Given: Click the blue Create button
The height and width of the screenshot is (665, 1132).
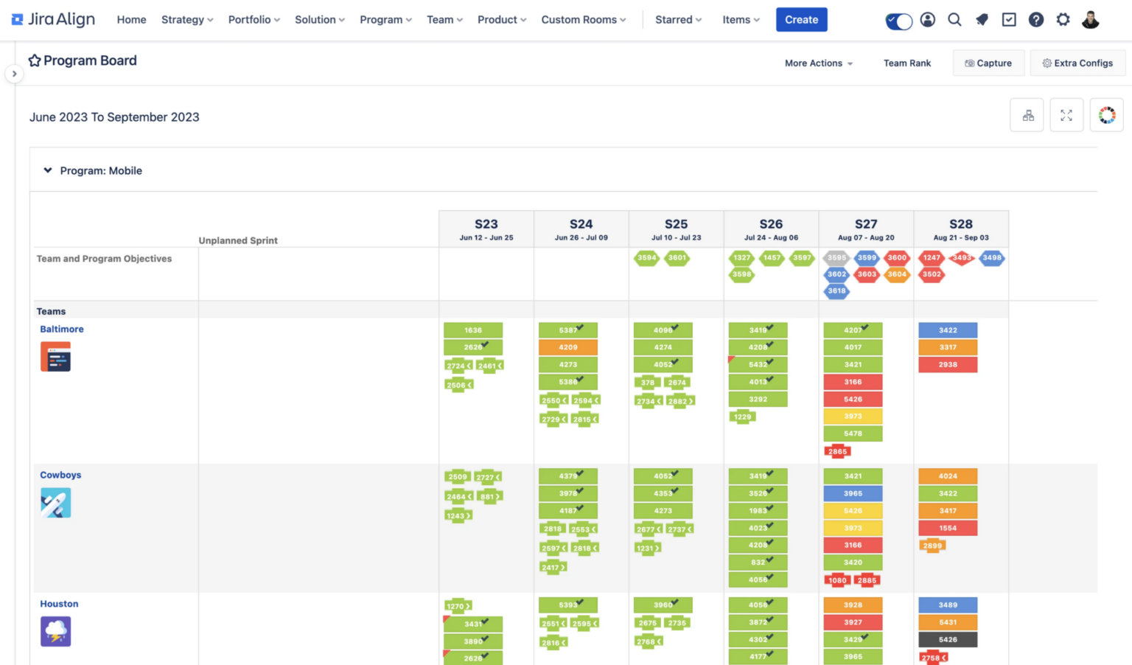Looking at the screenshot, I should pyautogui.click(x=801, y=20).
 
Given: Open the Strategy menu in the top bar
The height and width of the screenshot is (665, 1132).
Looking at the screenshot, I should pyautogui.click(x=186, y=20).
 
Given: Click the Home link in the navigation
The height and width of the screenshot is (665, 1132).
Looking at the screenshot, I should pyautogui.click(x=131, y=20).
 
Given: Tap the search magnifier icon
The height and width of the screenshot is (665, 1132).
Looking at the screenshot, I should pyautogui.click(x=954, y=20).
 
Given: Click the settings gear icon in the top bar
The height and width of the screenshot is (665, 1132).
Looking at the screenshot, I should pyautogui.click(x=1063, y=20).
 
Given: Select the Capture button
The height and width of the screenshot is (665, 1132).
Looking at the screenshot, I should pyautogui.click(x=988, y=63).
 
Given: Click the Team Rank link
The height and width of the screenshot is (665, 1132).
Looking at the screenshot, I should pyautogui.click(x=906, y=63).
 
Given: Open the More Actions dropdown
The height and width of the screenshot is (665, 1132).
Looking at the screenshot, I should pyautogui.click(x=818, y=63).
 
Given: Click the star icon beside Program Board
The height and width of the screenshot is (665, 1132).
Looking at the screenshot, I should pyautogui.click(x=35, y=60).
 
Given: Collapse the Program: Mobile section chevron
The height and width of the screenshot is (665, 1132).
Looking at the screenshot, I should pyautogui.click(x=48, y=170).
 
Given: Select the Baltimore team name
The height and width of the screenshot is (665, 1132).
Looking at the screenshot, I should pyautogui.click(x=62, y=330).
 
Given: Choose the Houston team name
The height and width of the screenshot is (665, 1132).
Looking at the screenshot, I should pyautogui.click(x=59, y=604).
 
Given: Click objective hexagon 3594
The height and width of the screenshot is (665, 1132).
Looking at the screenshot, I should pyautogui.click(x=646, y=258).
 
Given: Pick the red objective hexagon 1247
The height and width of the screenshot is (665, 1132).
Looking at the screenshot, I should pyautogui.click(x=932, y=258).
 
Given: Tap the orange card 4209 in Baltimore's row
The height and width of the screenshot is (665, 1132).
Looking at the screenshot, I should pyautogui.click(x=567, y=347).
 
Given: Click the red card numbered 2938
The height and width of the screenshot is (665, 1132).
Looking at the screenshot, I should pyautogui.click(x=948, y=365).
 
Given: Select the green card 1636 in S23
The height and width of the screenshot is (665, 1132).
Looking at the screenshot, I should pyautogui.click(x=472, y=330).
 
